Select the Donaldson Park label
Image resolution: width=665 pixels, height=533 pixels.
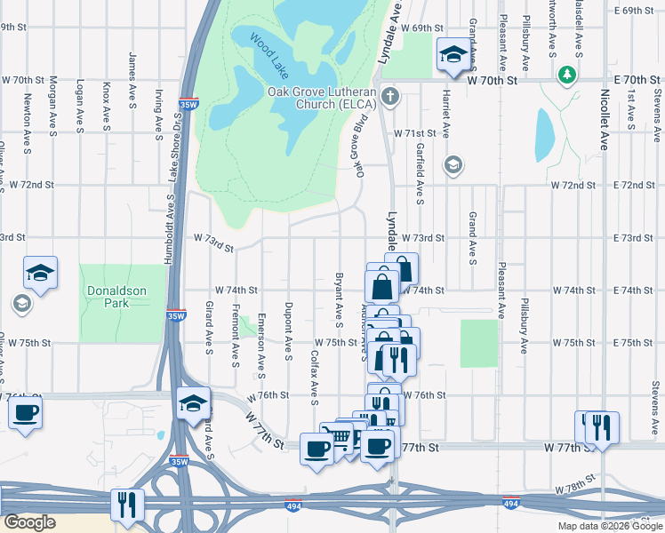(121, 297)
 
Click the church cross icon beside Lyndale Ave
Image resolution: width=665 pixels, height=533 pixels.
(389, 95)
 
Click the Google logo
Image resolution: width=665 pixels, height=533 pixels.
(28, 522)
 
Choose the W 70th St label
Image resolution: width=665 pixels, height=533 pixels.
(493, 80)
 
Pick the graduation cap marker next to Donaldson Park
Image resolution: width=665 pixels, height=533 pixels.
(40, 272)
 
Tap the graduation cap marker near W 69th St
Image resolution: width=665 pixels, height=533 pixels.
(453, 55)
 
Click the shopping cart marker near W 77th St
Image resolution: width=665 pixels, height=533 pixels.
(338, 436)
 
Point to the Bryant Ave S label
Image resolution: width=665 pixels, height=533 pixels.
(339, 298)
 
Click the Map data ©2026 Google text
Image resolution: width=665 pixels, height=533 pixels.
(609, 526)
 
